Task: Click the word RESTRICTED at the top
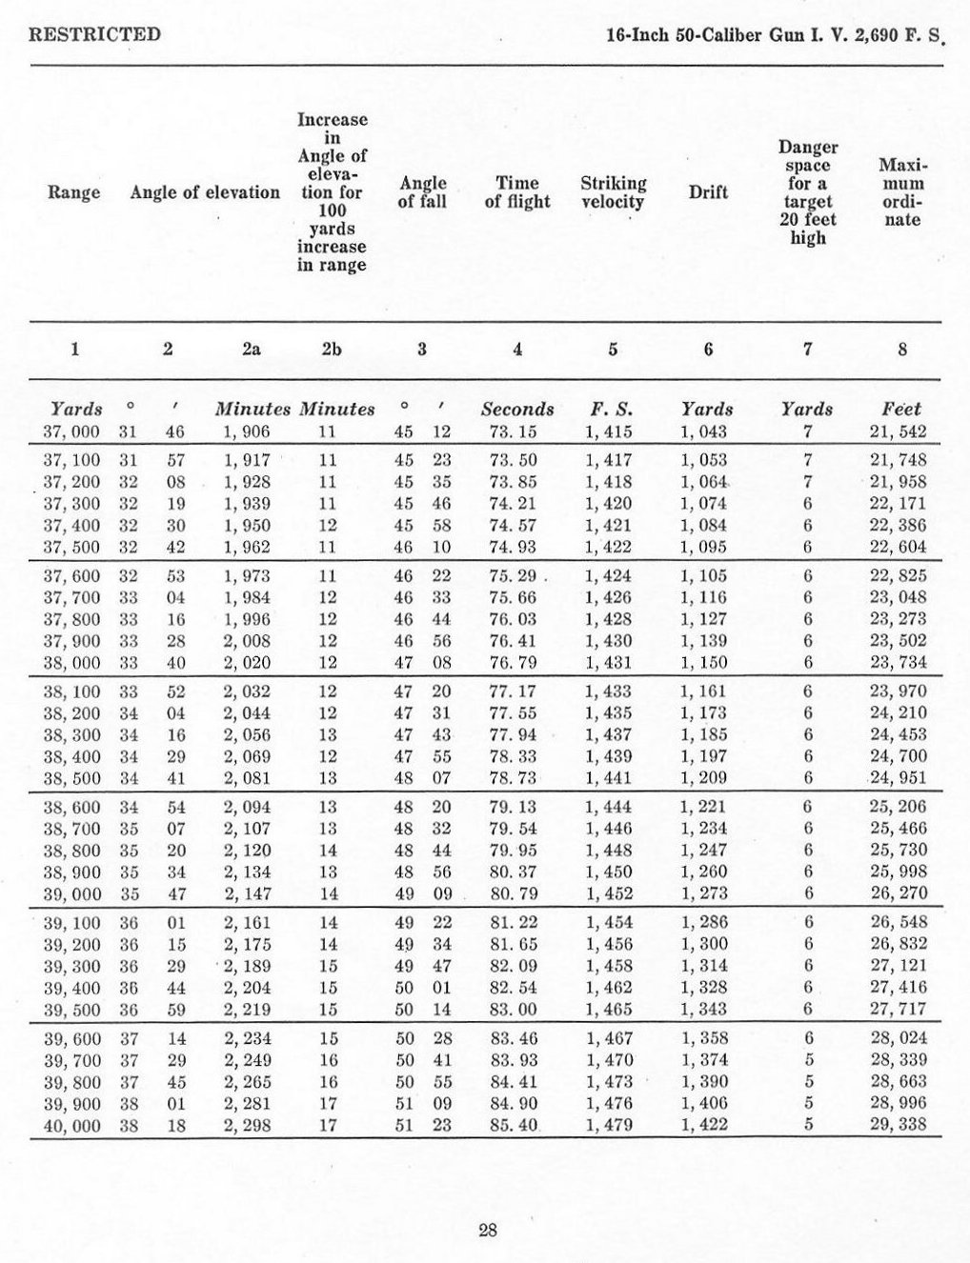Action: [x=94, y=35]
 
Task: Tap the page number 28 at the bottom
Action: [x=487, y=1230]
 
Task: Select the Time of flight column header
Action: [x=517, y=192]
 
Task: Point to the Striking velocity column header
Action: [x=613, y=192]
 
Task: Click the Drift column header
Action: [x=708, y=192]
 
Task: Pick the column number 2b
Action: [x=331, y=349]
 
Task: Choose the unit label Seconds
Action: [x=517, y=410]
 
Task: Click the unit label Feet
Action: [x=900, y=410]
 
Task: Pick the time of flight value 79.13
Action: [x=513, y=807]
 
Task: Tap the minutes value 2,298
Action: [x=247, y=1125]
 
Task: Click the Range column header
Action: [x=73, y=193]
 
